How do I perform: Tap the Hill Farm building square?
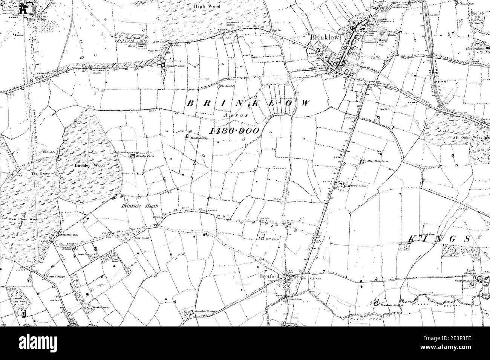click(262, 238)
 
